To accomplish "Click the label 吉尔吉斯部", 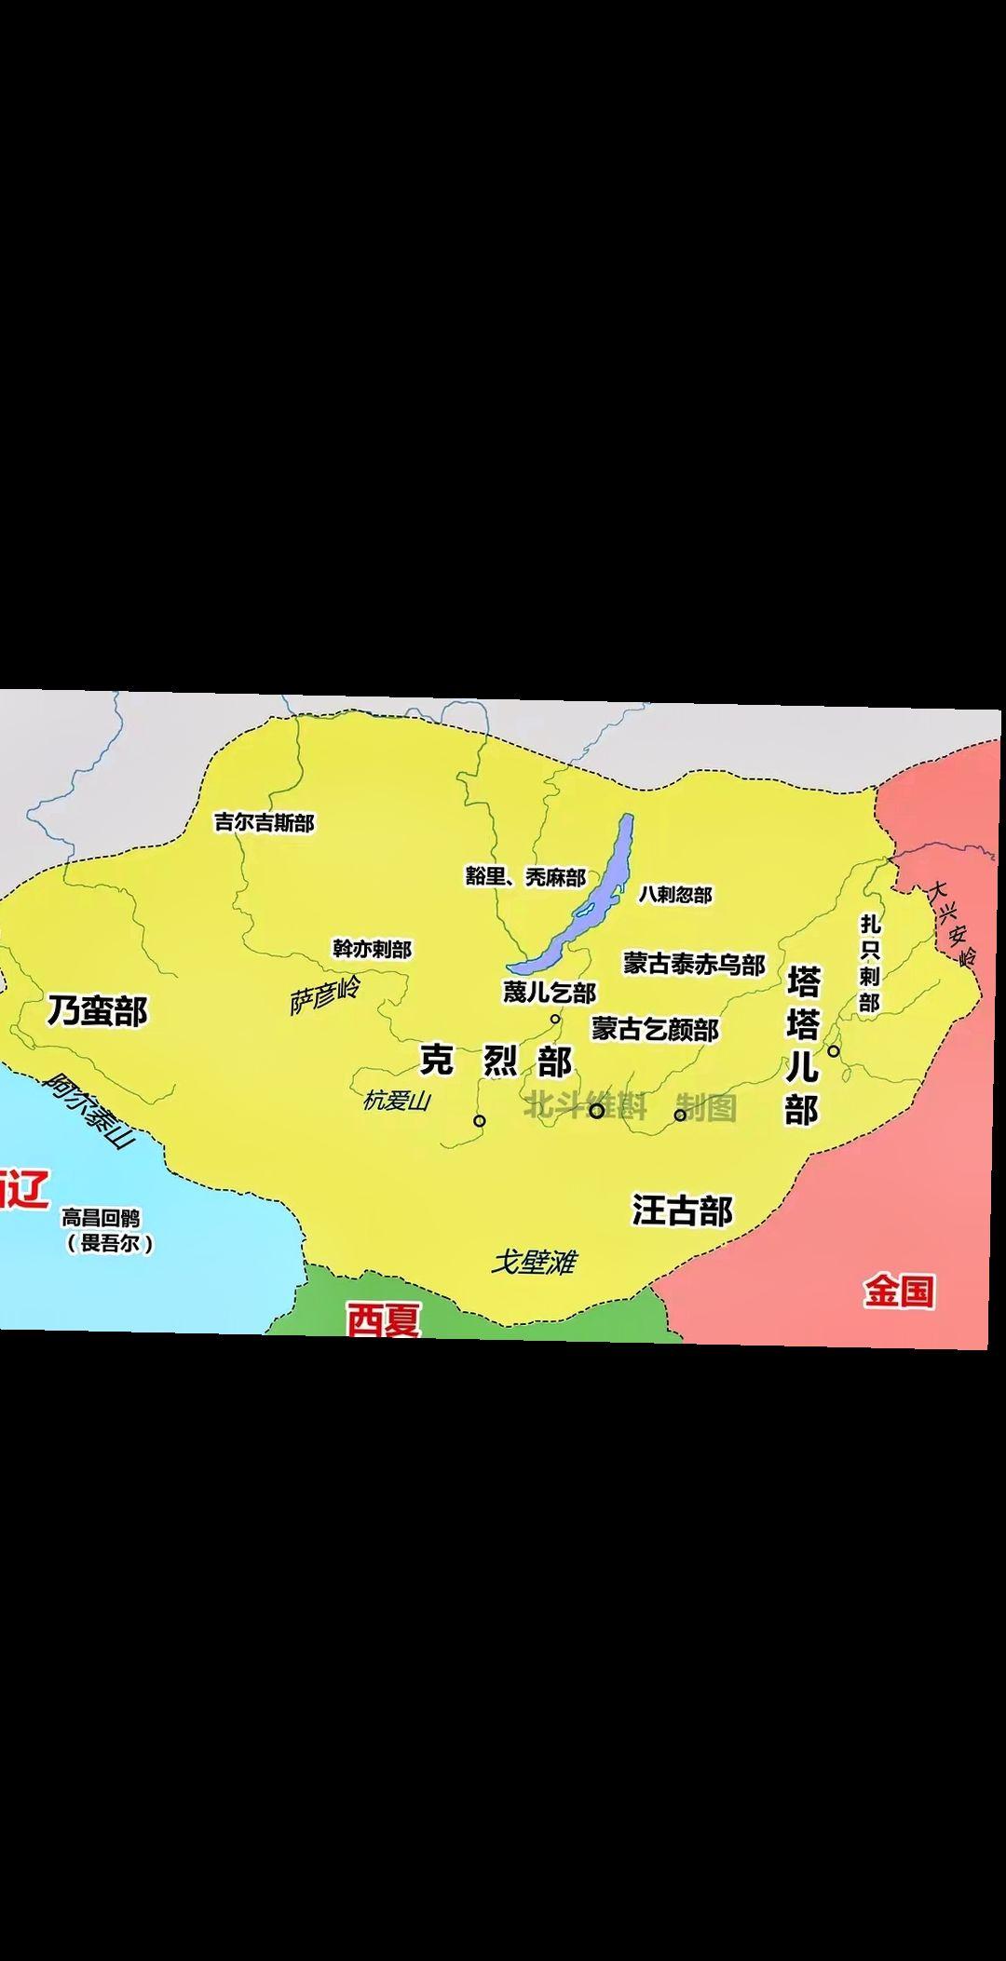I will point(264,822).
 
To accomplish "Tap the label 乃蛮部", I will point(98,1010).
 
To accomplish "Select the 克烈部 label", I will point(496,1061).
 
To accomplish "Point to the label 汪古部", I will point(682,1210).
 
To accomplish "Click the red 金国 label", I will point(898,1292).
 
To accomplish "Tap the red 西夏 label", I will point(384,1319).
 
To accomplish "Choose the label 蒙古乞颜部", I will point(655,1029).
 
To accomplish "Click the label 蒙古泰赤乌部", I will point(694,964).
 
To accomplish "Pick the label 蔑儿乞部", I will point(549,992).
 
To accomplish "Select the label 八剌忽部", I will point(674,894).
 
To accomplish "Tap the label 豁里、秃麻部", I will point(525,877).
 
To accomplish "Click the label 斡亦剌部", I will point(372,949).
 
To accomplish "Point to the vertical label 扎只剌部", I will point(869,963).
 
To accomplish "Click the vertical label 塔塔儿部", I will point(802,1046).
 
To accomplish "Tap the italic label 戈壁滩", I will point(534,1262).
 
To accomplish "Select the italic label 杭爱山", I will point(397,1101).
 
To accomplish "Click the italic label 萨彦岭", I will point(325,995).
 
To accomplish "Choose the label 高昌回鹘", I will point(102,1218).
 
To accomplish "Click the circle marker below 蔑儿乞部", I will point(555,1019).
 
